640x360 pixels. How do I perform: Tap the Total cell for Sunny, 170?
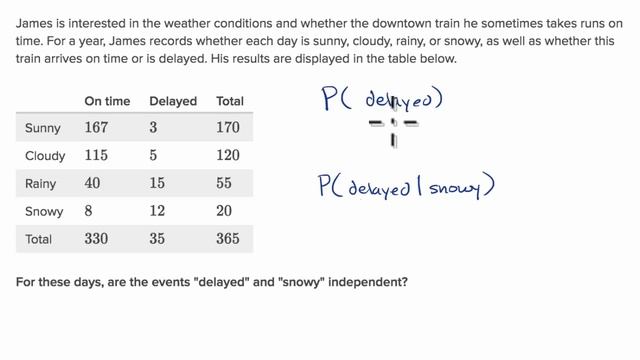pyautogui.click(x=228, y=128)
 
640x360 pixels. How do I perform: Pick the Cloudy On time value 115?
pyautogui.click(x=96, y=156)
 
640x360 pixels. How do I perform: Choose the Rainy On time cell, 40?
pyautogui.click(x=93, y=184)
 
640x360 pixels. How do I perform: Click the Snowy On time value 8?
pyautogui.click(x=89, y=212)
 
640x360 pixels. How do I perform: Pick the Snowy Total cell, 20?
pyautogui.click(x=225, y=212)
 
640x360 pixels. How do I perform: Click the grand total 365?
pyautogui.click(x=228, y=240)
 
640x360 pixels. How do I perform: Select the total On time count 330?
pyautogui.click(x=97, y=240)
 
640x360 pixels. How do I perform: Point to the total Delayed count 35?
pyautogui.click(x=158, y=240)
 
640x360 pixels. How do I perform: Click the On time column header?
pyautogui.click(x=107, y=101)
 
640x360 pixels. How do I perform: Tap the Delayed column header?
pyautogui.click(x=172, y=101)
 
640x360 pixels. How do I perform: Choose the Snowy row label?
pyautogui.click(x=43, y=212)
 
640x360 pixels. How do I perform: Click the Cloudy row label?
pyautogui.click(x=45, y=156)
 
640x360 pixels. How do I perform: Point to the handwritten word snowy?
pyautogui.click(x=448, y=187)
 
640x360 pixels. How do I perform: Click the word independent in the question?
pyautogui.click(x=367, y=282)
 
